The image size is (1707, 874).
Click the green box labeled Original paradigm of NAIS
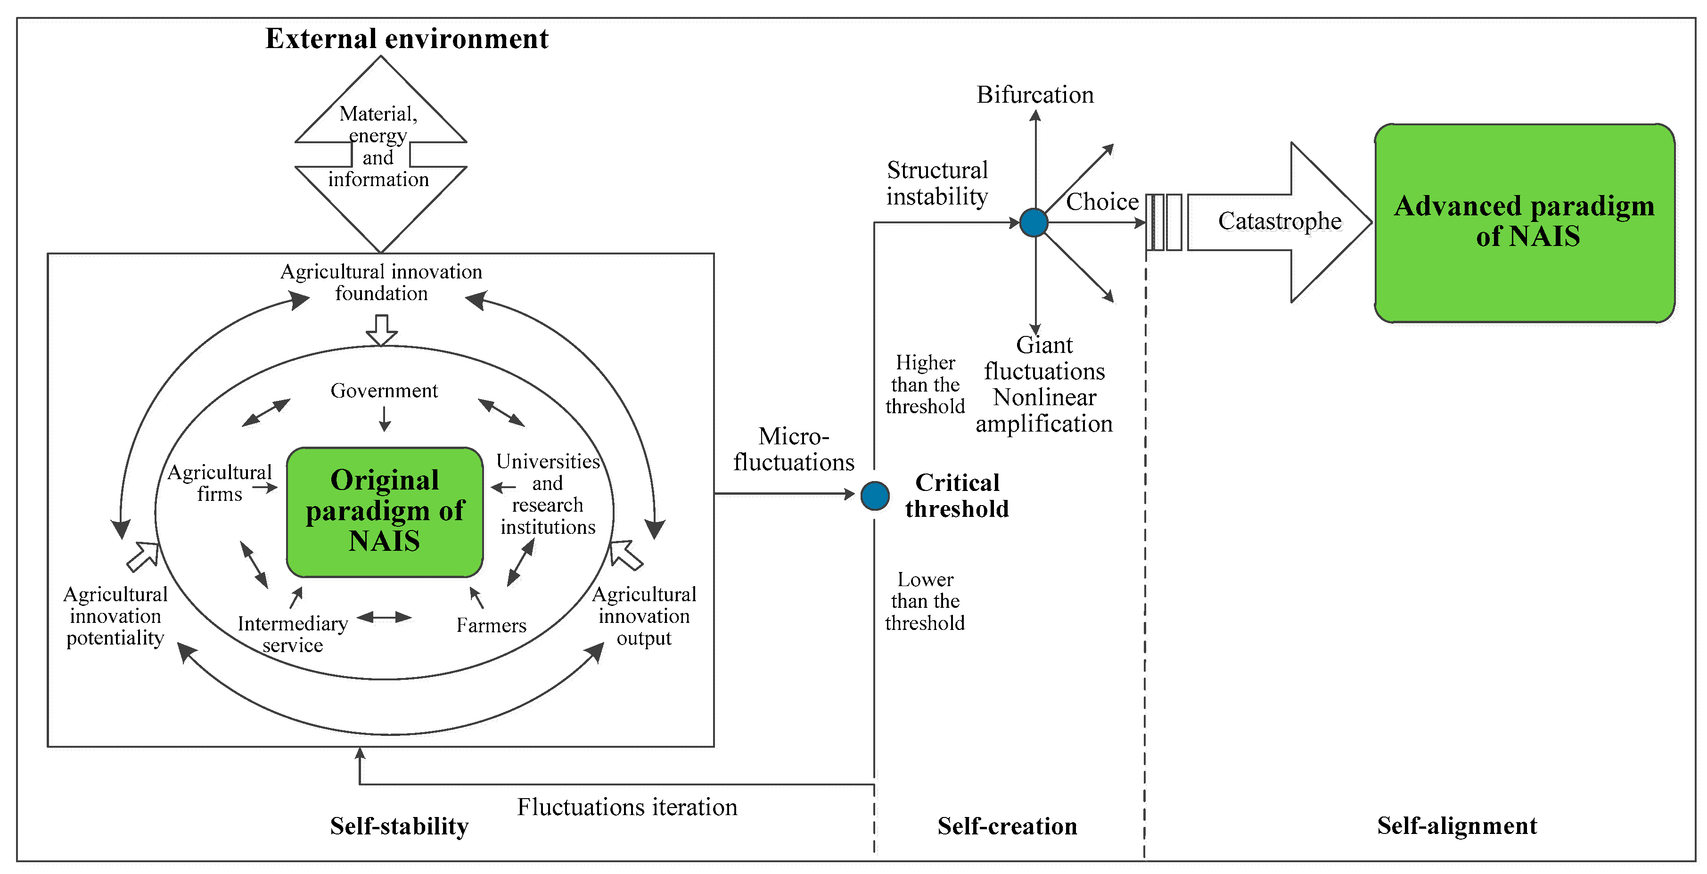[385, 512]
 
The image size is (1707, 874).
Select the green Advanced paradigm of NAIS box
[1525, 223]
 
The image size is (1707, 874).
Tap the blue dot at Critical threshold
[875, 496]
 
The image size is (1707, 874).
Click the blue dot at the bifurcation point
[1034, 223]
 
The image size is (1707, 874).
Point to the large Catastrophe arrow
[1279, 222]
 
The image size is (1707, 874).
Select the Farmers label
[491, 625]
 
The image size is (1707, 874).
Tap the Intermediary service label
[292, 634]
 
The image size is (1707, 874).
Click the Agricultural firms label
[220, 482]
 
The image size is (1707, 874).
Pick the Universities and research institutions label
[548, 494]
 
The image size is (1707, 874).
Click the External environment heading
[407, 39]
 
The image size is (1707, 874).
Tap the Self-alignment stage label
[1457, 825]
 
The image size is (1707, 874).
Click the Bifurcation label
[1035, 95]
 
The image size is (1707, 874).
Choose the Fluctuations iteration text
[627, 807]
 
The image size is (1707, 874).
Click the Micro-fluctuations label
[794, 449]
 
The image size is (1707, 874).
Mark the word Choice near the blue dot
[1102, 202]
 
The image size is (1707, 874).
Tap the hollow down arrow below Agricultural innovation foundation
[382, 330]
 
